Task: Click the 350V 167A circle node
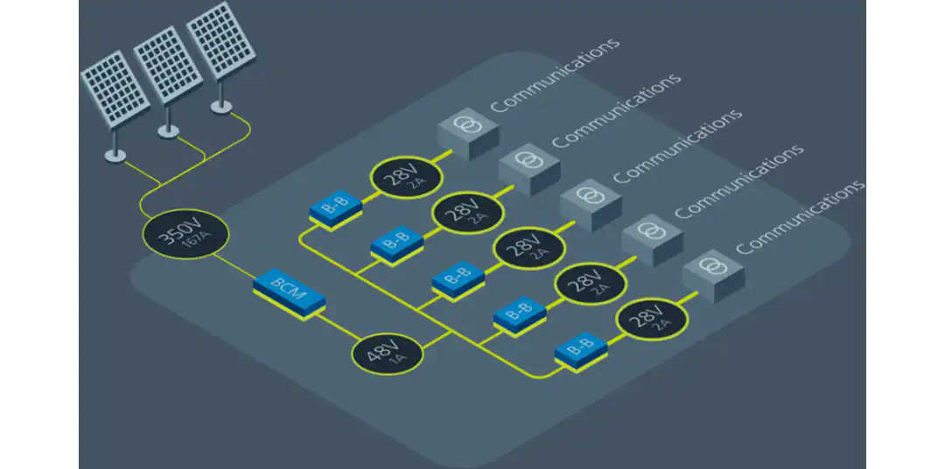[x=185, y=237]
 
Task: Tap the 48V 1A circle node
[x=388, y=353]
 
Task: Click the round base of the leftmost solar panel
[x=115, y=156]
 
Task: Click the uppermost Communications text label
[x=556, y=74]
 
